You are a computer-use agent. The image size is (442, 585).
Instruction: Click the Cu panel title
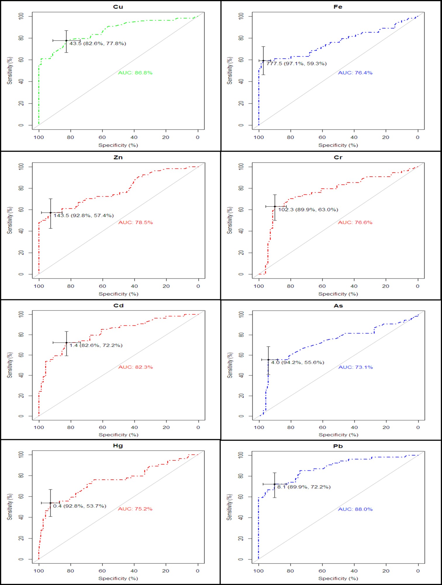click(x=118, y=7)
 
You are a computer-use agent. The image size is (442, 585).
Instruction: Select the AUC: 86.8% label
click(x=135, y=73)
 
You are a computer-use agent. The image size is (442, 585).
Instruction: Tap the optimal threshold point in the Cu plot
click(x=66, y=40)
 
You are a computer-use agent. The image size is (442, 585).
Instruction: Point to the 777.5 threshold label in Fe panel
click(x=296, y=63)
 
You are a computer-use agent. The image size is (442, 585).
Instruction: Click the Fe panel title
click(x=338, y=7)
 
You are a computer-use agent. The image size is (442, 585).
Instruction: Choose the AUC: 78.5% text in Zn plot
click(x=135, y=222)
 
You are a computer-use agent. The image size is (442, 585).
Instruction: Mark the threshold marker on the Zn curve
click(x=51, y=213)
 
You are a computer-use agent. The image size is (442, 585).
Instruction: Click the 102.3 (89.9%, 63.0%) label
click(x=308, y=209)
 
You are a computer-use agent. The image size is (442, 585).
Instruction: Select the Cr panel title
click(x=338, y=157)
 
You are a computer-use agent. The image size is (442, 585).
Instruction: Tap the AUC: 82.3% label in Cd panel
click(x=135, y=367)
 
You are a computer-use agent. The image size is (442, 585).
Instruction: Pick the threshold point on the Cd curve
click(x=66, y=343)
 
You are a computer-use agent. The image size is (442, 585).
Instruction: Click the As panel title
click(x=338, y=306)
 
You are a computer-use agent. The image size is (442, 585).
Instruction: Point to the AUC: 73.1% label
click(x=355, y=367)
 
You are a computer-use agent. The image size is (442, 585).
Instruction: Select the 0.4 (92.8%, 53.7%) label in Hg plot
click(x=80, y=506)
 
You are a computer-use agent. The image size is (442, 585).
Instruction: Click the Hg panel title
click(x=118, y=446)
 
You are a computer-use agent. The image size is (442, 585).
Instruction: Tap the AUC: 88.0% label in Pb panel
click(x=355, y=509)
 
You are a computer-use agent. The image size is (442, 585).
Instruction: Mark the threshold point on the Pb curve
click(x=274, y=484)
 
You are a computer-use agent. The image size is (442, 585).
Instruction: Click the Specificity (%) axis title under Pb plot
click(x=338, y=578)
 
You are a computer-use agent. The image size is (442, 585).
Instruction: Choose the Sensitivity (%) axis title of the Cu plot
click(x=10, y=71)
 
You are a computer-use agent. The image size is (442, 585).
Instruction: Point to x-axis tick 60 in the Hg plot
click(x=102, y=571)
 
